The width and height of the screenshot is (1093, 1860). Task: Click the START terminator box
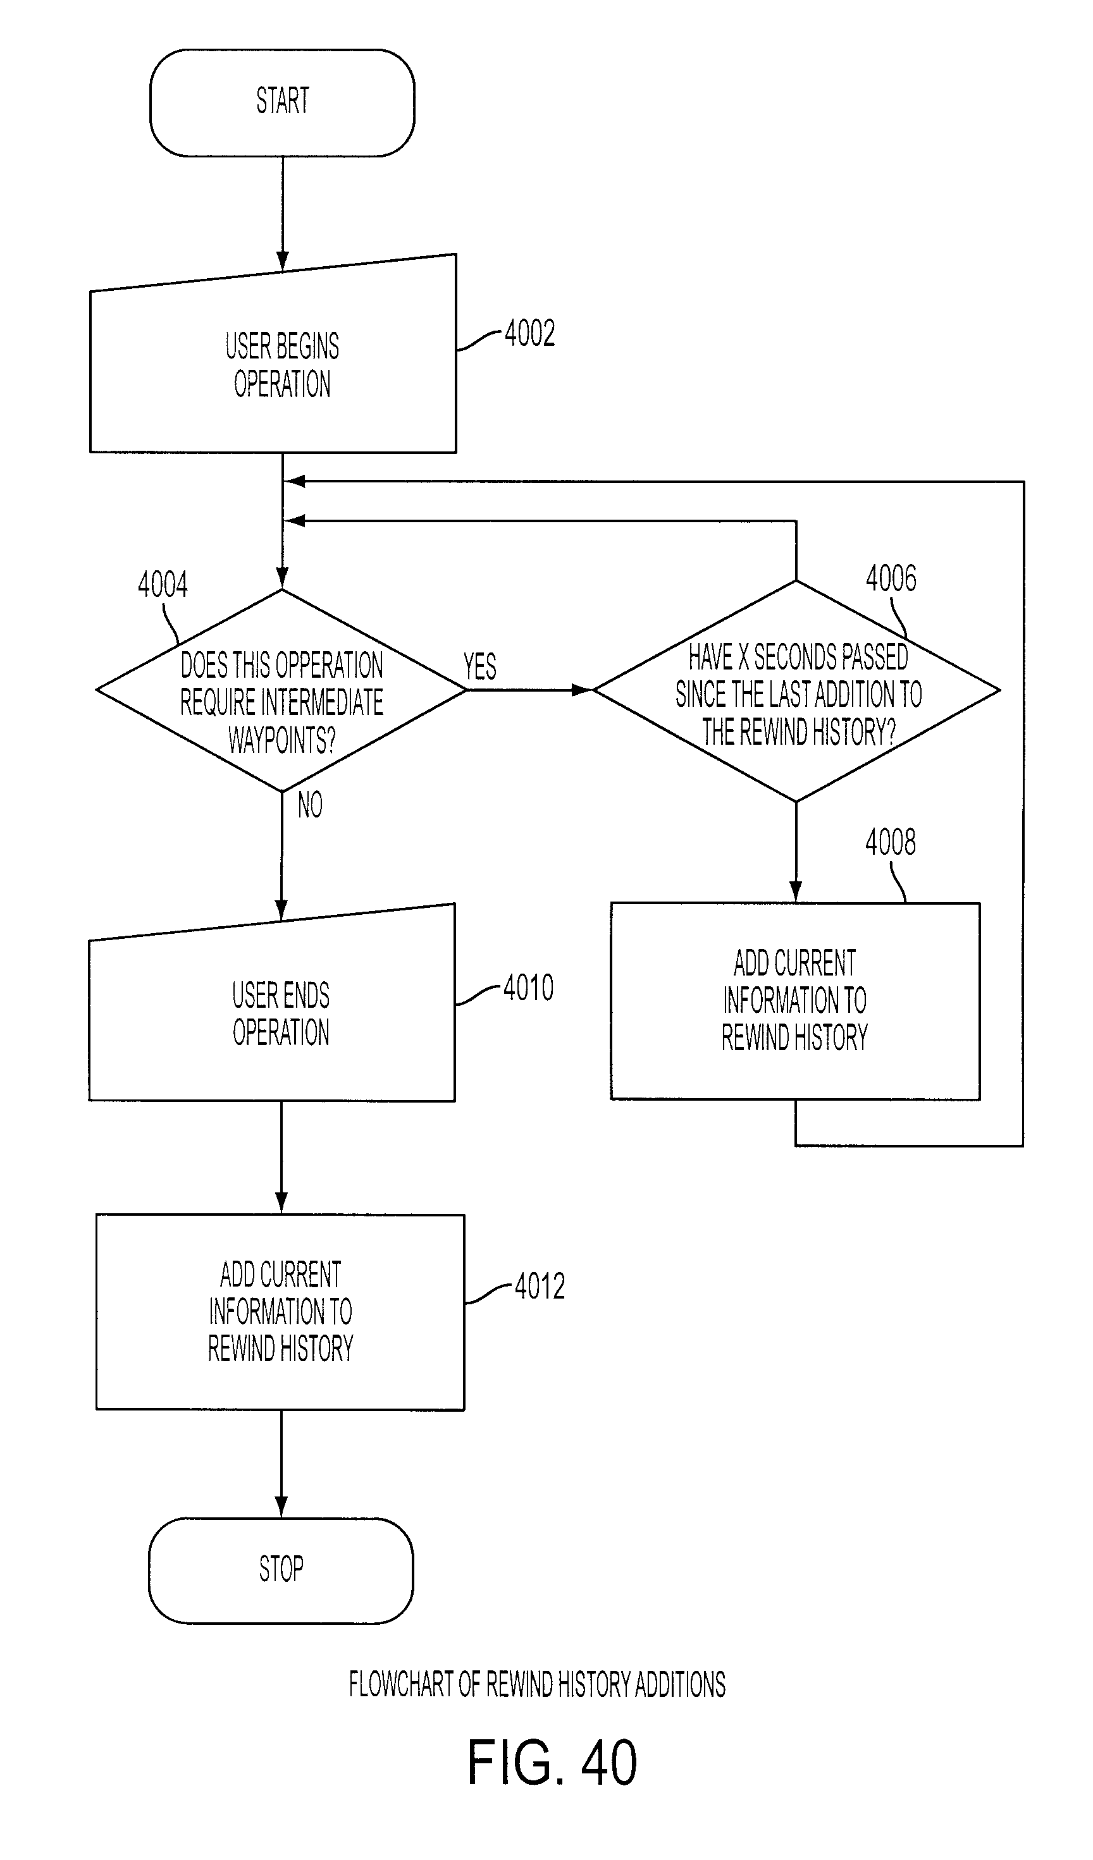(282, 102)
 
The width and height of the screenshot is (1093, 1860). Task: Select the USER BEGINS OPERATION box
(273, 354)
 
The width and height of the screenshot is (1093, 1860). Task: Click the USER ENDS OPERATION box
(272, 1004)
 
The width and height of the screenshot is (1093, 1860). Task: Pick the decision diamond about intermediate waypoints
(281, 690)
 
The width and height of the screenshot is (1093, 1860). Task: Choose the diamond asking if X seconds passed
(796, 691)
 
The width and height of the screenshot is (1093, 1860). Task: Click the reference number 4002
(529, 334)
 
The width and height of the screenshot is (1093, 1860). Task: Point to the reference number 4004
(163, 585)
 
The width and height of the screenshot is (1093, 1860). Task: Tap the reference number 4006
(891, 578)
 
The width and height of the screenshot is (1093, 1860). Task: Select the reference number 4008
(890, 842)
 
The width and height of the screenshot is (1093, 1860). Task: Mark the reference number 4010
(528, 988)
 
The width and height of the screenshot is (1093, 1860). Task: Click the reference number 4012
(540, 1287)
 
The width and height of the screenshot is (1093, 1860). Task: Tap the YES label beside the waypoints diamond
(480, 666)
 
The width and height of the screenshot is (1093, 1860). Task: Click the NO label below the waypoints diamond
(310, 805)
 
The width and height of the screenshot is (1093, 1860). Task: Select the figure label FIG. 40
(552, 1763)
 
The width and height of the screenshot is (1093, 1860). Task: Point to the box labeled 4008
(795, 1001)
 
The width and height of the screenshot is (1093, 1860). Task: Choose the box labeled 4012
(281, 1312)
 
